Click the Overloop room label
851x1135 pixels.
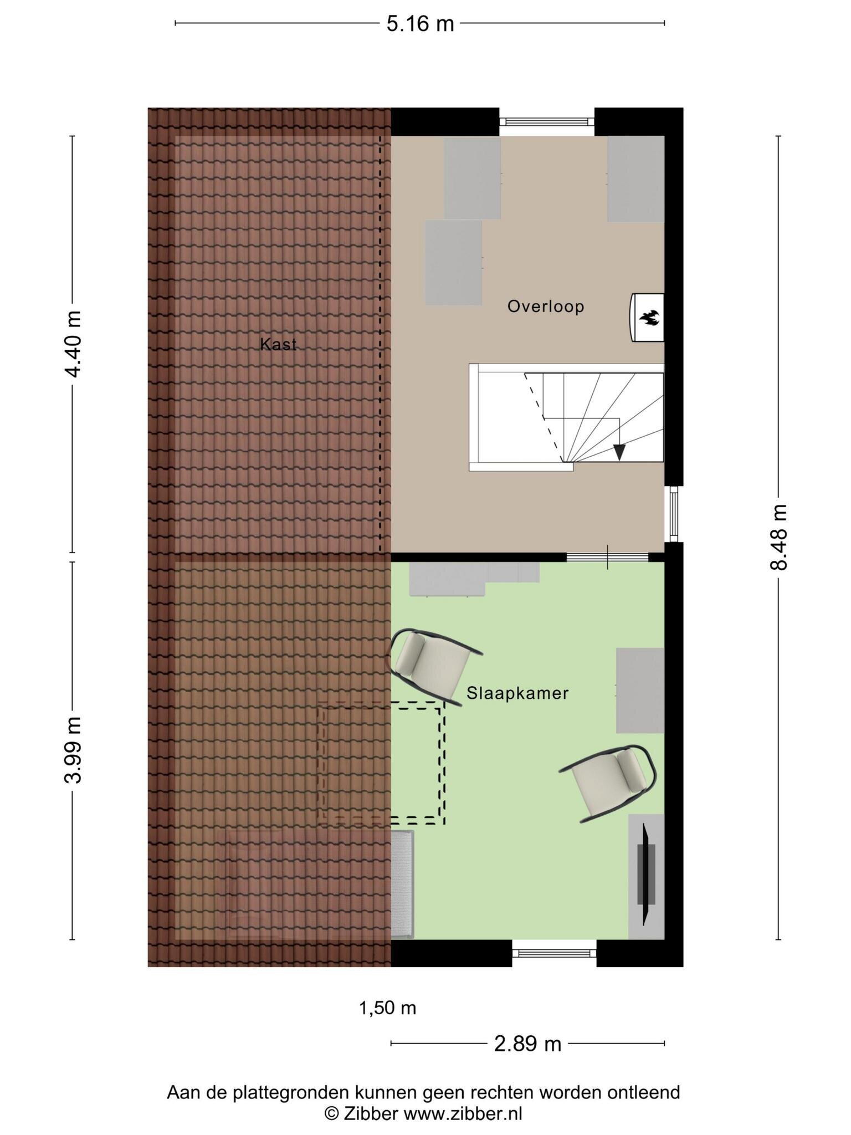pyautogui.click(x=546, y=306)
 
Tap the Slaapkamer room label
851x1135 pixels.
pyautogui.click(x=517, y=693)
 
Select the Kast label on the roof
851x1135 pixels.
pyautogui.click(x=279, y=345)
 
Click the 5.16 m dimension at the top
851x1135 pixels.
pyautogui.click(x=420, y=24)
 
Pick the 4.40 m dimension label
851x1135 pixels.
pyautogui.click(x=73, y=344)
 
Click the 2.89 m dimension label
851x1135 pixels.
pyautogui.click(x=527, y=1044)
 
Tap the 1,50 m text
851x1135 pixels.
pyautogui.click(x=388, y=1008)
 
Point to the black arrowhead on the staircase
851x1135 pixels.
pyautogui.click(x=619, y=453)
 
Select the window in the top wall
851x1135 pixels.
pyautogui.click(x=547, y=121)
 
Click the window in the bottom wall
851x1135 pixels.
pyautogui.click(x=554, y=953)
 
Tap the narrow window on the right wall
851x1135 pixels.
pyautogui.click(x=674, y=514)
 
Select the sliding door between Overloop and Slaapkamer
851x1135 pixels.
pyautogui.click(x=608, y=557)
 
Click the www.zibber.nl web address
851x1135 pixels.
pyautogui.click(x=463, y=1113)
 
